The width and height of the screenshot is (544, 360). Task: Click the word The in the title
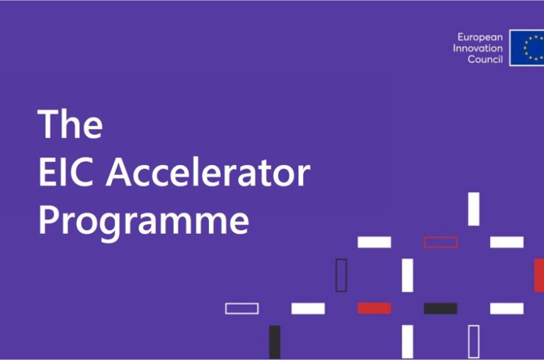point(70,124)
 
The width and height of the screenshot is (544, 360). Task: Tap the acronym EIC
point(66,172)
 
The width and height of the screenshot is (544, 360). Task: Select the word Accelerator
point(208,172)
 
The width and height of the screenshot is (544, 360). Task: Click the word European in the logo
point(480,38)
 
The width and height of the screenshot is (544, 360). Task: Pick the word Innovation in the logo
point(477,48)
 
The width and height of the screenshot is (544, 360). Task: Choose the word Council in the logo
point(485,60)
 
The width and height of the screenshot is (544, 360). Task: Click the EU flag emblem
point(527,48)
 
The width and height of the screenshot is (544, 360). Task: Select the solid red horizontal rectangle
point(374,308)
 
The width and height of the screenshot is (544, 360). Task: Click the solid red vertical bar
point(539,275)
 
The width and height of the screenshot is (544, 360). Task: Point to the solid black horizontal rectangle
point(441,308)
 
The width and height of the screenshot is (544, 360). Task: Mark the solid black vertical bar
point(275,342)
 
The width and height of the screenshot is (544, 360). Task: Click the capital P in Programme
point(47,220)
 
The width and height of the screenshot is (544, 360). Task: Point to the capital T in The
point(49,124)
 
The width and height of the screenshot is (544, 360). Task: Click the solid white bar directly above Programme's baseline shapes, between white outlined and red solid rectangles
point(308,308)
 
